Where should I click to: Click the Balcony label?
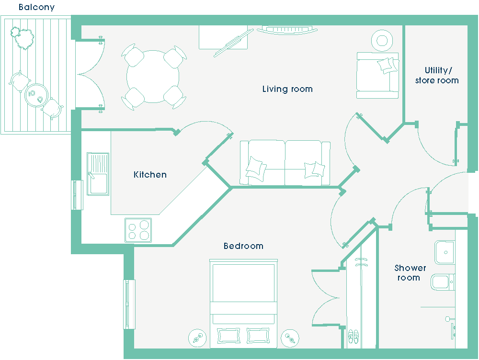37,7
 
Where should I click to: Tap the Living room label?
287,89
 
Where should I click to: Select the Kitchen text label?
150,175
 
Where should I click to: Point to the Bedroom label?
243,246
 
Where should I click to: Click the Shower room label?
410,273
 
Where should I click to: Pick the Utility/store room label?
437,76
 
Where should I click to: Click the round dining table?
153,76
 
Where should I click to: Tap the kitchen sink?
98,174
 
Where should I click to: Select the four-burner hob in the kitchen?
138,230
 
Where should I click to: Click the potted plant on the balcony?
22,37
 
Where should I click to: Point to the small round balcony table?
36,95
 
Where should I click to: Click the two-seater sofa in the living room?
285,163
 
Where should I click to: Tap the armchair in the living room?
377,76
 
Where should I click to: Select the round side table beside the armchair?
382,41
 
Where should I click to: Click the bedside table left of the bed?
197,338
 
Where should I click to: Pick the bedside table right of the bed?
290,338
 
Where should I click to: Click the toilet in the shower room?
443,282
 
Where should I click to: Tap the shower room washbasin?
445,252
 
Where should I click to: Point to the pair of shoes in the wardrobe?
354,336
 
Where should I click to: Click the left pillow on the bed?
228,336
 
